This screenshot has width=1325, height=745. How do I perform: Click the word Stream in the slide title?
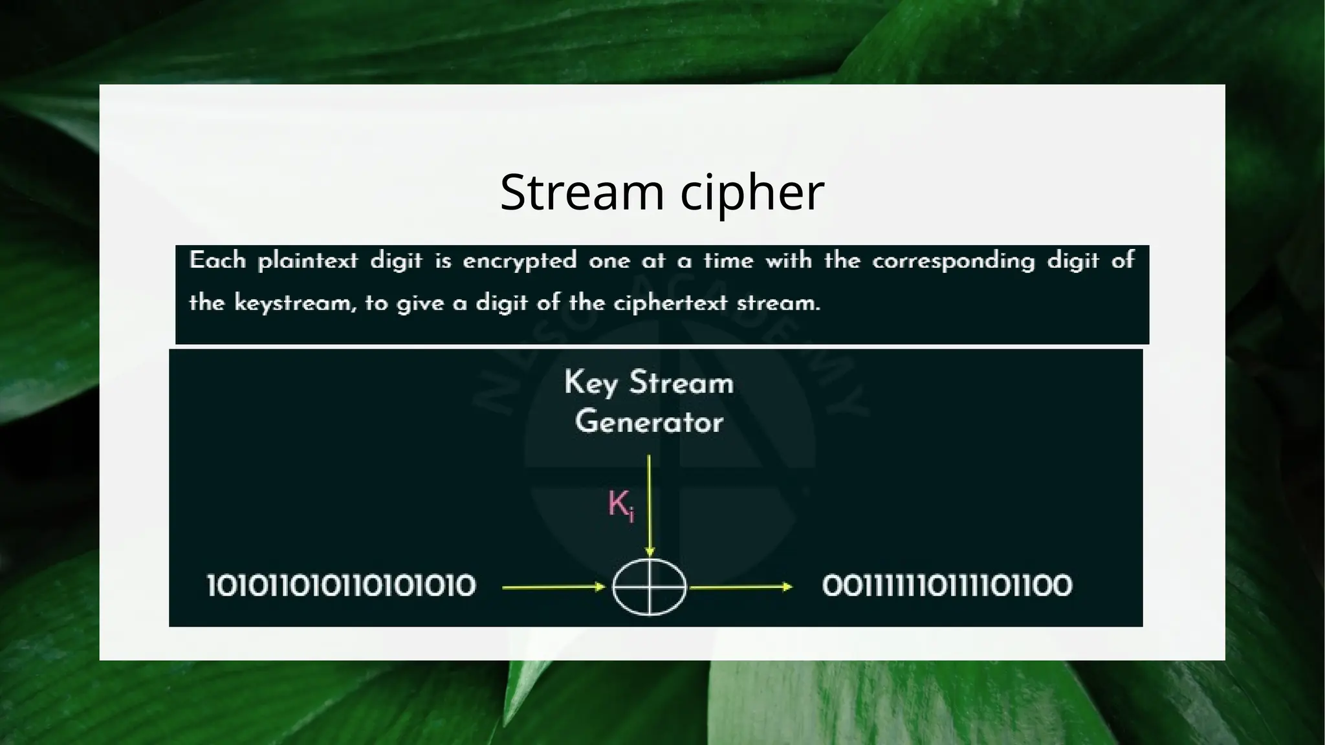[582, 192]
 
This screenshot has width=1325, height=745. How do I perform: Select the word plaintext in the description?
[307, 261]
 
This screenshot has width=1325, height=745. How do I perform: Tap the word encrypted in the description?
[520, 261]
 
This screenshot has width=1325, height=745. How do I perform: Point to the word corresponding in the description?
[953, 261]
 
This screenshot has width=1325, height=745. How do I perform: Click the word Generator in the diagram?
[649, 422]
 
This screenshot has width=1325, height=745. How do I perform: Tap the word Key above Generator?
[591, 383]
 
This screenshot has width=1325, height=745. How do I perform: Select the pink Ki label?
[620, 504]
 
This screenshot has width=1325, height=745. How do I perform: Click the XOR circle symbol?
[649, 587]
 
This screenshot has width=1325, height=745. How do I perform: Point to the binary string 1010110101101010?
[341, 586]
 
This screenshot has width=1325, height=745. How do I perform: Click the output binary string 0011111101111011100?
[947, 586]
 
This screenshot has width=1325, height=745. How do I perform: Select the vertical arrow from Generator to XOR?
[649, 504]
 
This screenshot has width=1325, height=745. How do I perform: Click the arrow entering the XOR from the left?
[553, 587]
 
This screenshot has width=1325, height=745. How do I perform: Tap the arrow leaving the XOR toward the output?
[741, 587]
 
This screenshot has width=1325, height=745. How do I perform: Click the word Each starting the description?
[217, 261]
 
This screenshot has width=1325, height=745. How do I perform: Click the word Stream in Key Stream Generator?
[681, 383]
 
